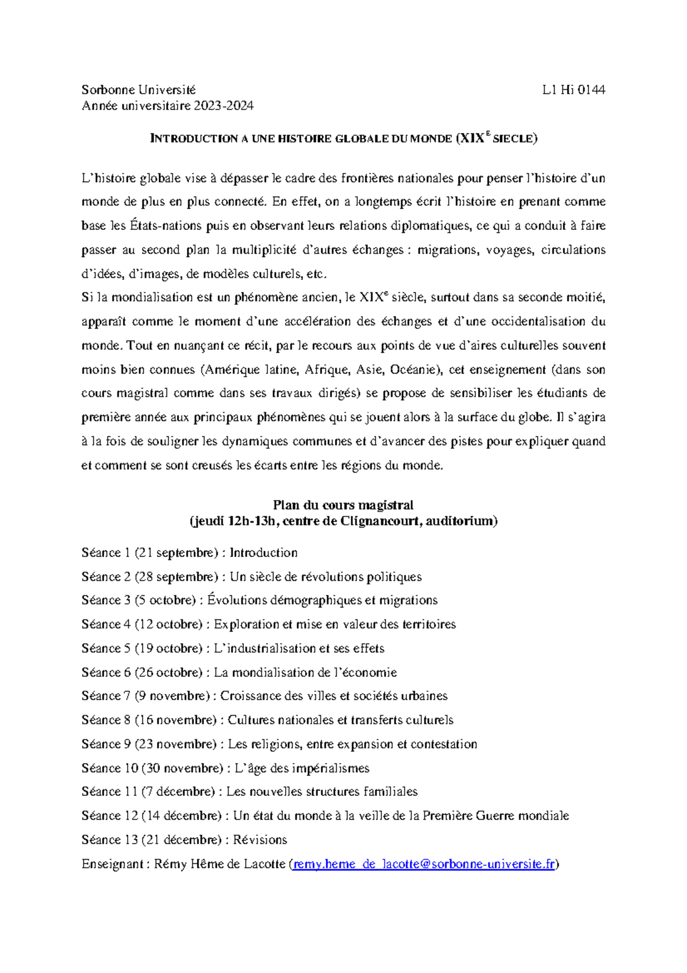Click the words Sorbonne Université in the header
pyautogui.click(x=139, y=89)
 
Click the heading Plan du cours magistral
pyautogui.click(x=343, y=505)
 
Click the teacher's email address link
pyautogui.click(x=423, y=864)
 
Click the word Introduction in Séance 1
pyautogui.click(x=263, y=553)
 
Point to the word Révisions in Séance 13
pyautogui.click(x=260, y=840)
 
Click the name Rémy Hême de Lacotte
pyautogui.click(x=219, y=864)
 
